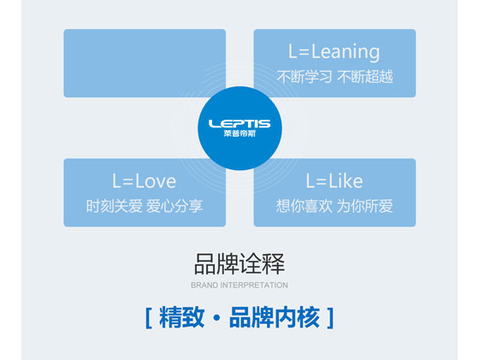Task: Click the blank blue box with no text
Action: (145, 63)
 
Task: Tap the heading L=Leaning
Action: (334, 52)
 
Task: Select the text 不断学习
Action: (305, 76)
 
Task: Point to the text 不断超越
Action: (365, 76)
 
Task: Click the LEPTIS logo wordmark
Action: (239, 124)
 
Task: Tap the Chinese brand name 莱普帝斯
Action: (239, 133)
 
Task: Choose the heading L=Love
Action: (144, 181)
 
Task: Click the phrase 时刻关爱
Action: (114, 206)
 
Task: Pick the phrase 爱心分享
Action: (174, 206)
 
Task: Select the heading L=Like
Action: (334, 181)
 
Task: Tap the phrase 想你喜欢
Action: (305, 206)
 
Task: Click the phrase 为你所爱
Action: (365, 206)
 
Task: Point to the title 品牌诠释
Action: (239, 264)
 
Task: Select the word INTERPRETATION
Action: (254, 286)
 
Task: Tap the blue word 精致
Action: (181, 318)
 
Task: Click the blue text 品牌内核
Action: (274, 318)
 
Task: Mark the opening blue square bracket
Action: (149, 318)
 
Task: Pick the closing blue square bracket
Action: (330, 318)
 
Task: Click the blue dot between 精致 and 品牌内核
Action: (216, 318)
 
